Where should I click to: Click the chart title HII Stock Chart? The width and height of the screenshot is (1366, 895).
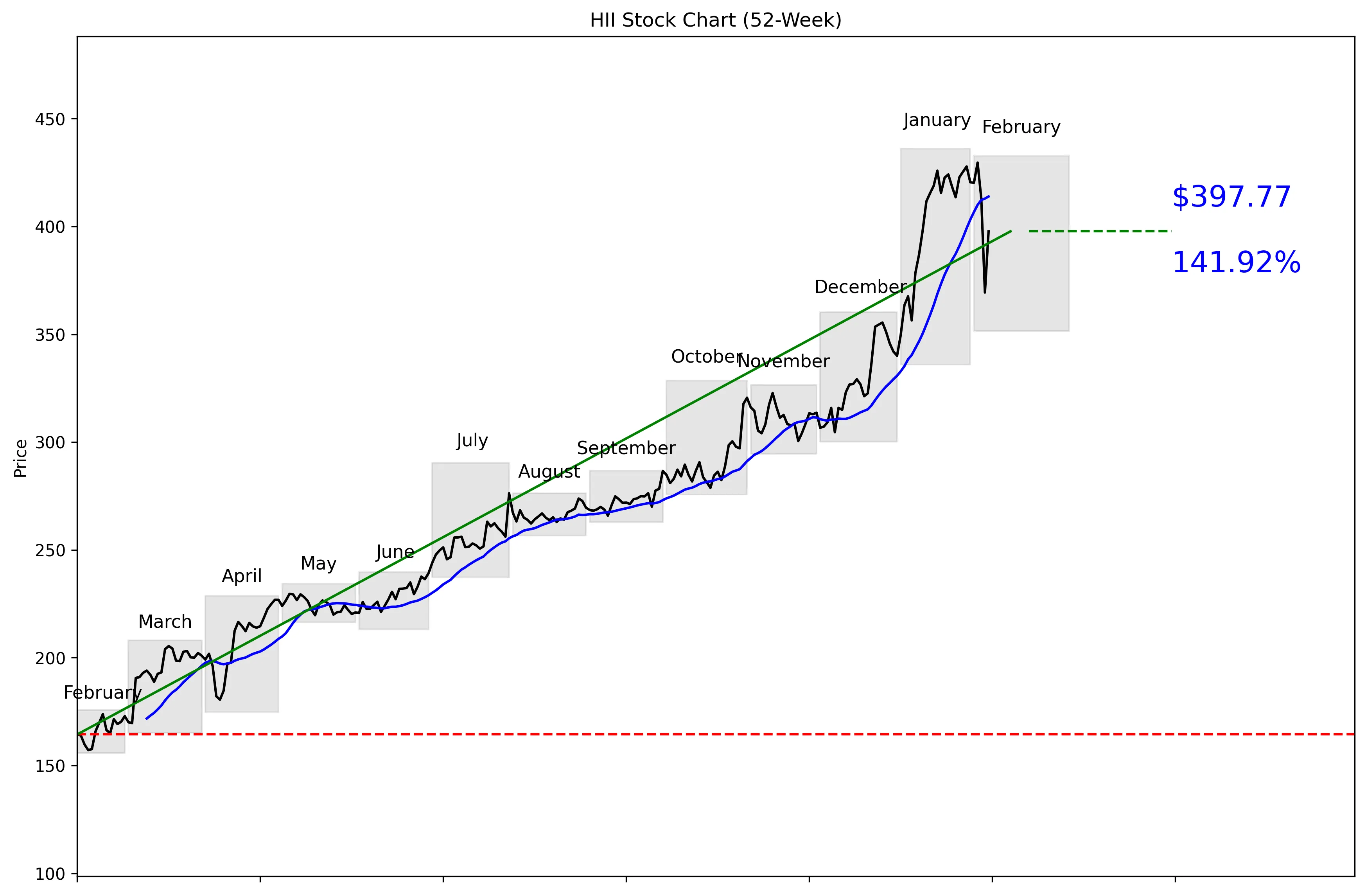715,20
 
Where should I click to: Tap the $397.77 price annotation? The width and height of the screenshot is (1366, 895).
1231,197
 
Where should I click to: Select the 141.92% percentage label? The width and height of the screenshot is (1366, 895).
1236,262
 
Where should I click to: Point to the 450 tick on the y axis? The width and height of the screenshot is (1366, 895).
50,119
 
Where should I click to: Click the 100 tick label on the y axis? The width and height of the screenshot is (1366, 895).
50,874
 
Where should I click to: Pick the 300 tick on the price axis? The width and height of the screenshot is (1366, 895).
50,443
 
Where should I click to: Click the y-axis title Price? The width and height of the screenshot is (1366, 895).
21,458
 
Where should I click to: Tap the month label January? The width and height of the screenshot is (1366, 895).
937,120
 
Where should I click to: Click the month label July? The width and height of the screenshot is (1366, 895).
472,440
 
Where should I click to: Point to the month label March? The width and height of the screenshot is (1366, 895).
165,622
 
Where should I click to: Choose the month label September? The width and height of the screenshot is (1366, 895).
626,448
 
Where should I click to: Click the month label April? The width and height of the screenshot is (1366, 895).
242,576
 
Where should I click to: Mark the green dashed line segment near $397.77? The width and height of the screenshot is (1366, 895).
1099,231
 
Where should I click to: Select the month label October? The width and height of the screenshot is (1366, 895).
706,356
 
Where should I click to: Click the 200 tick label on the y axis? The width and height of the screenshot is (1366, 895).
50,658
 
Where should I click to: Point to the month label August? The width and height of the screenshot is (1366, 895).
549,471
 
